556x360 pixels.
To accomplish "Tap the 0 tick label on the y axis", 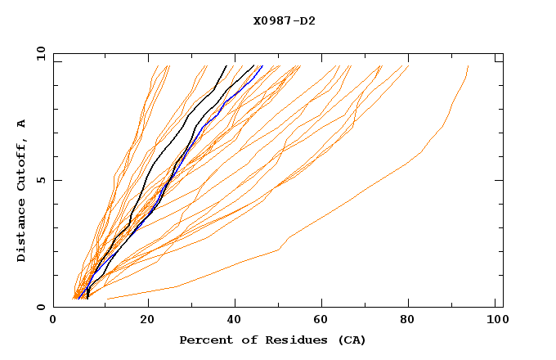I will pos(41,307).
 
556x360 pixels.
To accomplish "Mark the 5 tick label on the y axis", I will pos(41,180).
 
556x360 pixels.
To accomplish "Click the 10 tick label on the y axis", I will pos(38,53).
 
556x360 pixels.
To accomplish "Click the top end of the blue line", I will pos(262,66).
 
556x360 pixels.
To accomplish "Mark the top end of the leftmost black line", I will pos(226,66).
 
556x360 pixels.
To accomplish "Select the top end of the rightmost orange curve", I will pos(468,66).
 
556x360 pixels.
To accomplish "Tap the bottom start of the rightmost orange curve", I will pos(107,299).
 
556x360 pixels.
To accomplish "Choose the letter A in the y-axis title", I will pos(22,124).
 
